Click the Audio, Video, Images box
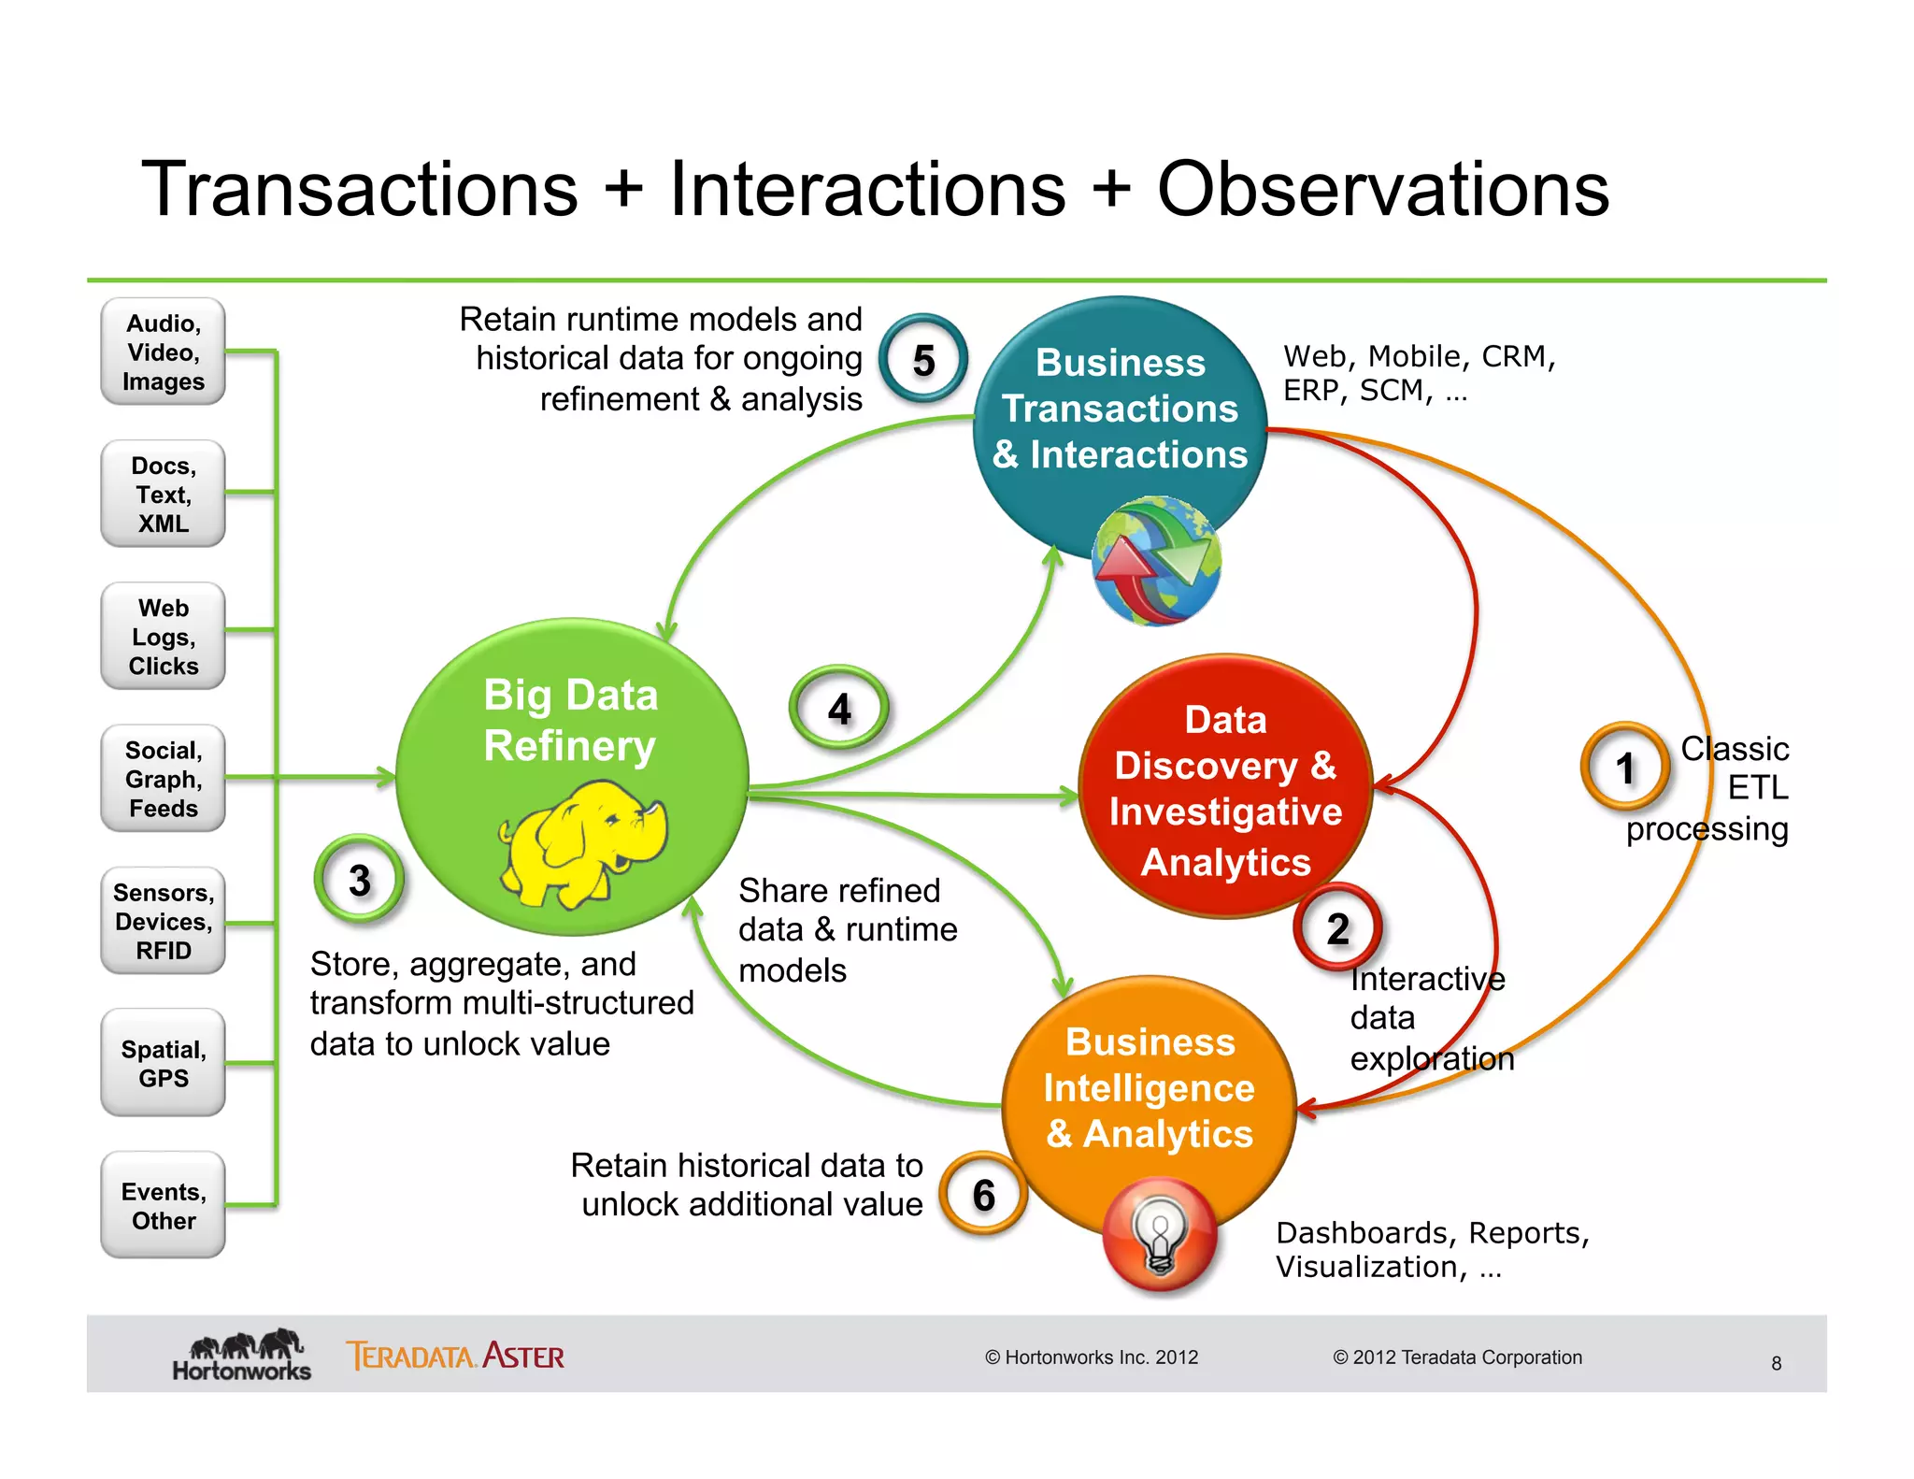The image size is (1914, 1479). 164,352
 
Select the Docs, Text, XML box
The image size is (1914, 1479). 164,494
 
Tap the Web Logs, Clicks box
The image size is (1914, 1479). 164,637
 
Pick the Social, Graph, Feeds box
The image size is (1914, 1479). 164,779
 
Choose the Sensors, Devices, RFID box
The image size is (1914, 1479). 164,921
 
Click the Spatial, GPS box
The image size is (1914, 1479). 164,1063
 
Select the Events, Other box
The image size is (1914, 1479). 164,1205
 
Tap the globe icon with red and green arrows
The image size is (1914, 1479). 1156,561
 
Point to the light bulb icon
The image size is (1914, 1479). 1159,1235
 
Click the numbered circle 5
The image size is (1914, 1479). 923,360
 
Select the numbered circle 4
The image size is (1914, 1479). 839,709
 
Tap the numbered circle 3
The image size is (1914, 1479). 360,880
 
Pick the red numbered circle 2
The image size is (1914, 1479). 1337,928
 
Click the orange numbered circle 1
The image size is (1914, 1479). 1625,768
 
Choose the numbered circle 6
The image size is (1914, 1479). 983,1194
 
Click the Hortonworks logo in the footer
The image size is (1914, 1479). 241,1356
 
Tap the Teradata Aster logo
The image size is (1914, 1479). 455,1356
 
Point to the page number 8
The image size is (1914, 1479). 1776,1363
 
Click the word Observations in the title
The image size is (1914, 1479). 1382,189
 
